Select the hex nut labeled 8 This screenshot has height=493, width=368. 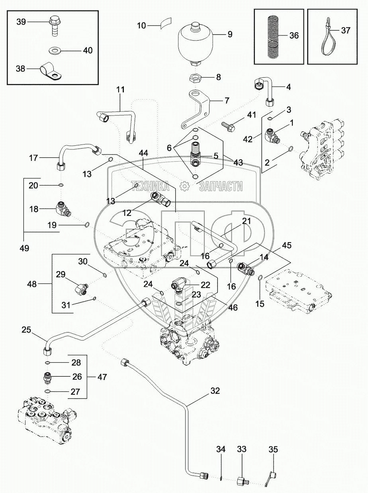(x=194, y=77)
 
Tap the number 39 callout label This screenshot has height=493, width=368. (x=21, y=22)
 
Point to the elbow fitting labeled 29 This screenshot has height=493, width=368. (x=81, y=286)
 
